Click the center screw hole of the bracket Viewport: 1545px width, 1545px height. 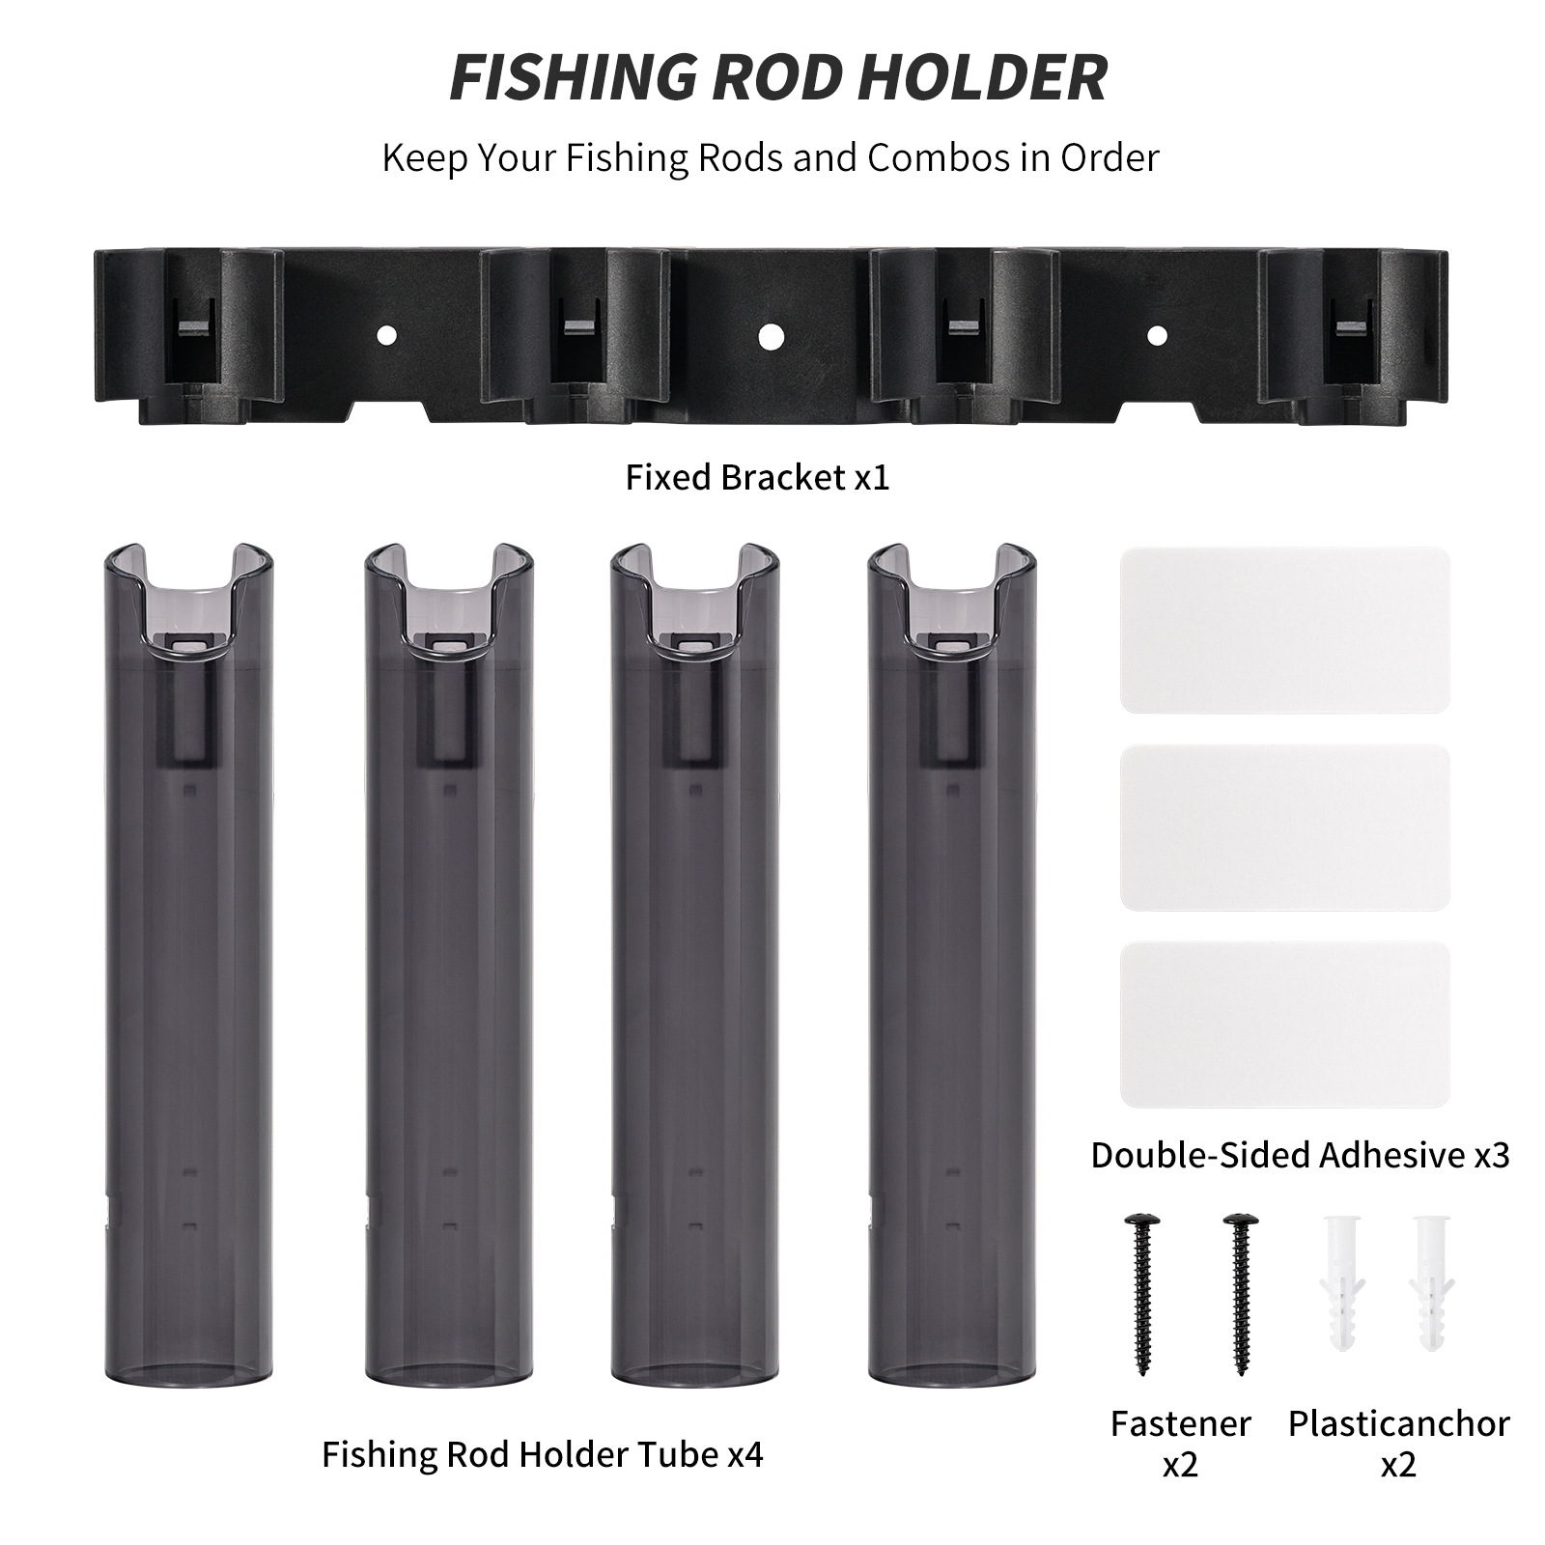click(770, 336)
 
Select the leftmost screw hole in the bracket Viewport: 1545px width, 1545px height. click(385, 336)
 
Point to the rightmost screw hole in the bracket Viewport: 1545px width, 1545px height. click(1156, 336)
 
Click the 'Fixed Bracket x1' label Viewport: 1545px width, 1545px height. click(757, 478)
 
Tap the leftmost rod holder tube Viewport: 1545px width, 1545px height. click(187, 966)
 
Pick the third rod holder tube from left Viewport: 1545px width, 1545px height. click(694, 966)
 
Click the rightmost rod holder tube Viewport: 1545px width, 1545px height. click(951, 966)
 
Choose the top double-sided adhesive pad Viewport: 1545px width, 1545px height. click(1285, 631)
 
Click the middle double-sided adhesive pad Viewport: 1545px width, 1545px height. click(1285, 828)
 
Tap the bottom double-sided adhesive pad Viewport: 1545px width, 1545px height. click(1285, 1025)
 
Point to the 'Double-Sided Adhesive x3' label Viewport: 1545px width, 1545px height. click(1300, 1155)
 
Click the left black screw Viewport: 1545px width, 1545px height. click(1140, 1295)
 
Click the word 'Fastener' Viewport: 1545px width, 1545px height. click(1180, 1423)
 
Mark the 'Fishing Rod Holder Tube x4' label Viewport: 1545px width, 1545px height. click(542, 1454)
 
